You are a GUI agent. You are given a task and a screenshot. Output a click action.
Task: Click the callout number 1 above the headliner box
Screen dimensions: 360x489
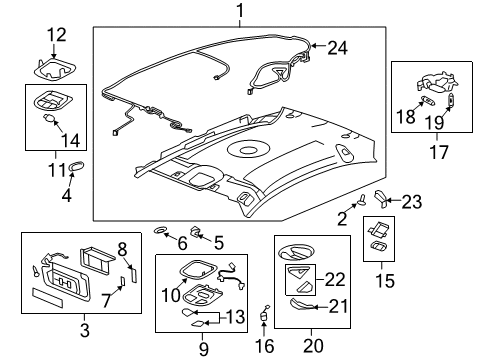[x=239, y=11]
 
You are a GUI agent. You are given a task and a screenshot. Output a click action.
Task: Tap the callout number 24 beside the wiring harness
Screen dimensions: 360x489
[x=337, y=46]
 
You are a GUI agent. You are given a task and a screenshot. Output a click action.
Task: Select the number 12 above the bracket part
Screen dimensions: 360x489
[x=57, y=36]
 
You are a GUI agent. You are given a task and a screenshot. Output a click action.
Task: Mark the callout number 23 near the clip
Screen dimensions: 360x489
[x=412, y=201]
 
